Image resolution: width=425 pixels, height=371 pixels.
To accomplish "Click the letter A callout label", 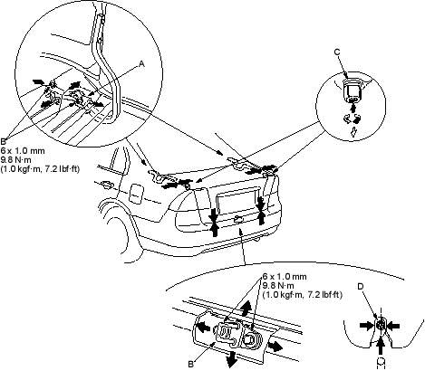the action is [x=141, y=63].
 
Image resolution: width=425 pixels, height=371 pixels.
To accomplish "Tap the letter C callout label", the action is [x=337, y=52].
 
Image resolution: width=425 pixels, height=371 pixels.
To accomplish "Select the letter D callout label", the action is [x=361, y=286].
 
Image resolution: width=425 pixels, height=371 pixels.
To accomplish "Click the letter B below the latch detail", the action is [x=190, y=364].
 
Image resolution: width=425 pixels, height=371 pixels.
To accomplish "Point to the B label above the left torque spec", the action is [x=3, y=141].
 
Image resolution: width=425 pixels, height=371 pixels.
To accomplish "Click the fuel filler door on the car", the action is [x=135, y=194].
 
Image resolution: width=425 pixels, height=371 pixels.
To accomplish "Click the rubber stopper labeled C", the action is [x=352, y=90].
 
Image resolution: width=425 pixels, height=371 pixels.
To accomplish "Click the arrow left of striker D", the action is [x=367, y=326].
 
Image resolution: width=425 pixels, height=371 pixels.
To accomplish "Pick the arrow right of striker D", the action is [x=393, y=326].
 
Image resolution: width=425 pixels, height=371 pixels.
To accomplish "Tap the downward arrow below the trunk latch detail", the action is [x=231, y=358].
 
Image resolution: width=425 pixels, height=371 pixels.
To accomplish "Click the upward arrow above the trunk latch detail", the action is [x=246, y=309].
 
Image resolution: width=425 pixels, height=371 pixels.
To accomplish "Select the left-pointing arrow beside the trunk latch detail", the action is [x=203, y=327].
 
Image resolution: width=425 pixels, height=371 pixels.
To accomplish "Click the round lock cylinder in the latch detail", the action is [x=250, y=339].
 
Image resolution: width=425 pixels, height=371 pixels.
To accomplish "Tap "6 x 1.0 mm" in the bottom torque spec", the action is [x=285, y=276].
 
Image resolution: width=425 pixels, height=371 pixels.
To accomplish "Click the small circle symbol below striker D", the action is [x=382, y=362].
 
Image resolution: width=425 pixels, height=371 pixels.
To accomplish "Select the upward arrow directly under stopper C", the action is [x=353, y=108].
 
